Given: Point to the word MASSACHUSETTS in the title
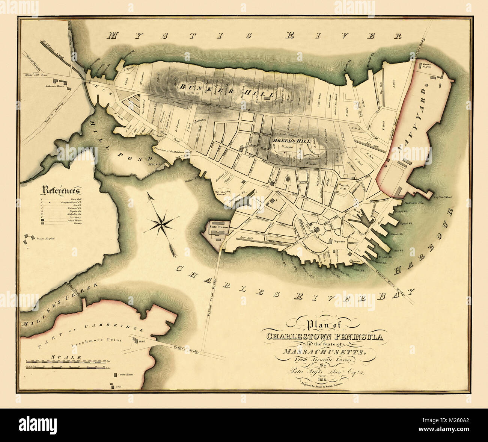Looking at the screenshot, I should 324,352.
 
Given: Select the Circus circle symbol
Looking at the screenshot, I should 351,261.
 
